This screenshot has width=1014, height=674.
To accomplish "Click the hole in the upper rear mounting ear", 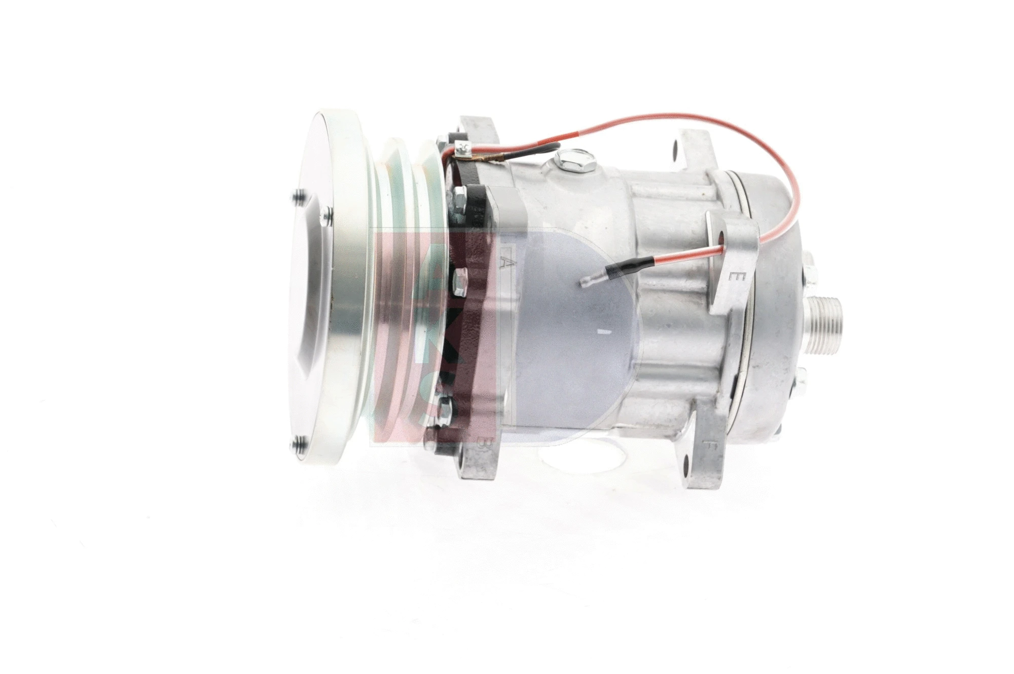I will [675, 148].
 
